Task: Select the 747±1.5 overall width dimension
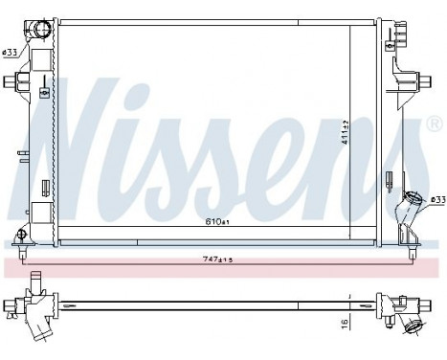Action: pos(219,259)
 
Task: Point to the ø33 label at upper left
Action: pos(11,52)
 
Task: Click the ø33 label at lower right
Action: pos(436,200)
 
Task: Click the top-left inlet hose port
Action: pos(41,29)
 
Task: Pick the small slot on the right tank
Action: pos(388,177)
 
